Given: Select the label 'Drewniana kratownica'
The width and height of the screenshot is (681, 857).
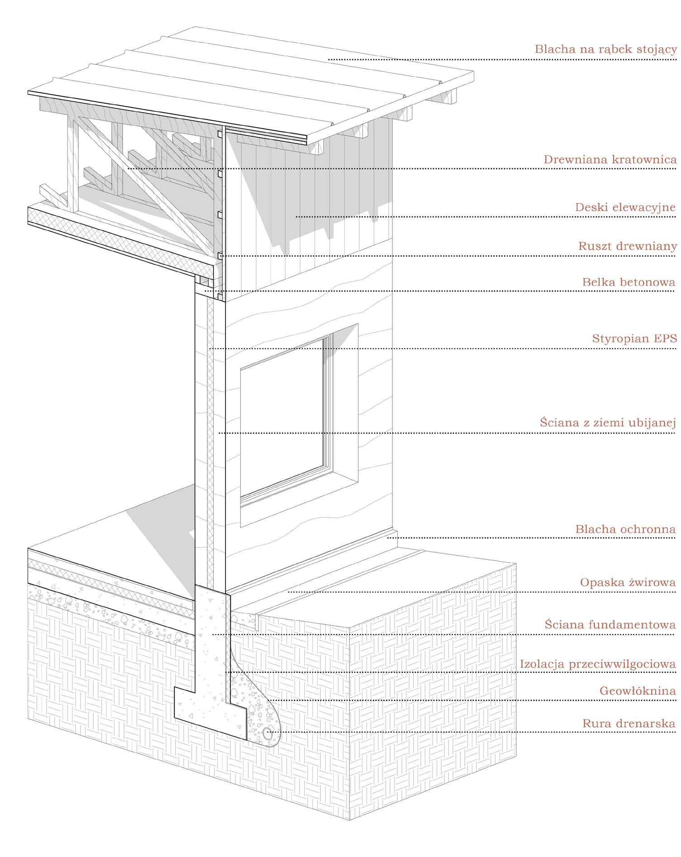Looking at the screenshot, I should click(x=610, y=160).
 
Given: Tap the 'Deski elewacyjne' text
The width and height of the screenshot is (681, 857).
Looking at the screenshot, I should click(x=626, y=208).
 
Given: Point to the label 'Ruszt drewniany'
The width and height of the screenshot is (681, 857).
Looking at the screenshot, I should click(x=627, y=247).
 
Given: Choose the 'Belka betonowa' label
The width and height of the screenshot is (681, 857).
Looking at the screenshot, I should click(x=629, y=282).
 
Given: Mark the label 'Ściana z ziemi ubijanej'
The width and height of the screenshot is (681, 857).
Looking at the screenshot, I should click(x=608, y=423).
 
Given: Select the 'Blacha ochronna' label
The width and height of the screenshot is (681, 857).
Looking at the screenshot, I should click(x=625, y=529).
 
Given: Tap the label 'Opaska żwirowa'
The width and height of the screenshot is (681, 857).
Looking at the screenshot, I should click(x=628, y=583).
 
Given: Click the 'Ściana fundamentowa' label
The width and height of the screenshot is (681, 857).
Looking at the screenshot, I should click(x=610, y=625).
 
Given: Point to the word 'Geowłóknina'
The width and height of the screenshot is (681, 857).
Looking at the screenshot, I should click(x=638, y=691).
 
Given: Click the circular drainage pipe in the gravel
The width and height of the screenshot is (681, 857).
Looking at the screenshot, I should click(x=269, y=733).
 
